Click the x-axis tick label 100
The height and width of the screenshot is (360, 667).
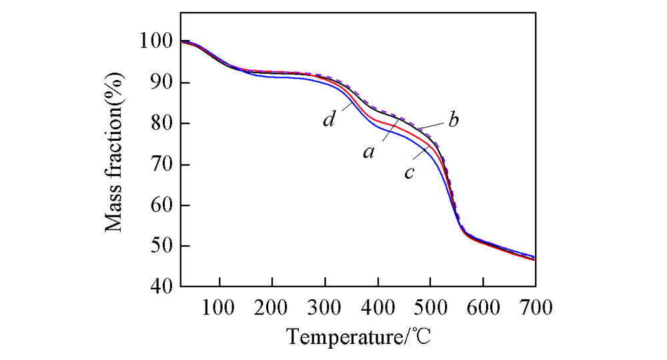tap(219, 307)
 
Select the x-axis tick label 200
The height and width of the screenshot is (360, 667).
tap(271, 307)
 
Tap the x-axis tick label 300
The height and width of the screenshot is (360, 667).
tap(325, 307)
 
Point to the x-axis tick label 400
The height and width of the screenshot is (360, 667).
tap(378, 307)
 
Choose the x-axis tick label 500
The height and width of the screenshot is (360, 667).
tap(430, 307)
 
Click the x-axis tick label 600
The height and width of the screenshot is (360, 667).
tap(483, 307)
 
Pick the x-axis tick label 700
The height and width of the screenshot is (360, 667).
tap(534, 307)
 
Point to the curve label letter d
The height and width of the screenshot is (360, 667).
tap(329, 121)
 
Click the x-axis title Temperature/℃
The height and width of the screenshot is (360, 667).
tap(359, 337)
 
